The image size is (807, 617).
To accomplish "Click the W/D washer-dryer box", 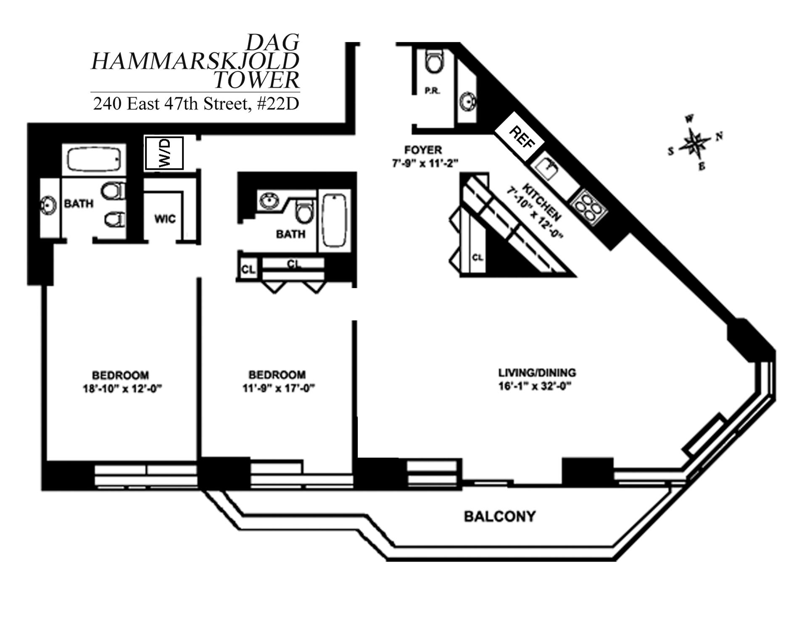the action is click(x=164, y=153).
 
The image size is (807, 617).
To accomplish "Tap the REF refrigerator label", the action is click(x=521, y=137).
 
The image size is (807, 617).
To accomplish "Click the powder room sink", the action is click(x=468, y=101).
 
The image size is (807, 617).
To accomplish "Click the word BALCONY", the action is click(x=500, y=516).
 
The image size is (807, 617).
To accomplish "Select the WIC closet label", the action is click(x=165, y=219).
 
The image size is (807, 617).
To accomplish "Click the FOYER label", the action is click(x=423, y=150).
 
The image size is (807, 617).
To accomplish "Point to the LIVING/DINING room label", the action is click(x=537, y=373).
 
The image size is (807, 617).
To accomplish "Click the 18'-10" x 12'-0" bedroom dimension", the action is click(x=122, y=389).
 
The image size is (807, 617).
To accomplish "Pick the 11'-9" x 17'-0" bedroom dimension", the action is click(x=278, y=389).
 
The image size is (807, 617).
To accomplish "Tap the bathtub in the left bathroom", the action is click(x=94, y=160).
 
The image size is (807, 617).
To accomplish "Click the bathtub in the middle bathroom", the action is click(x=334, y=221).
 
